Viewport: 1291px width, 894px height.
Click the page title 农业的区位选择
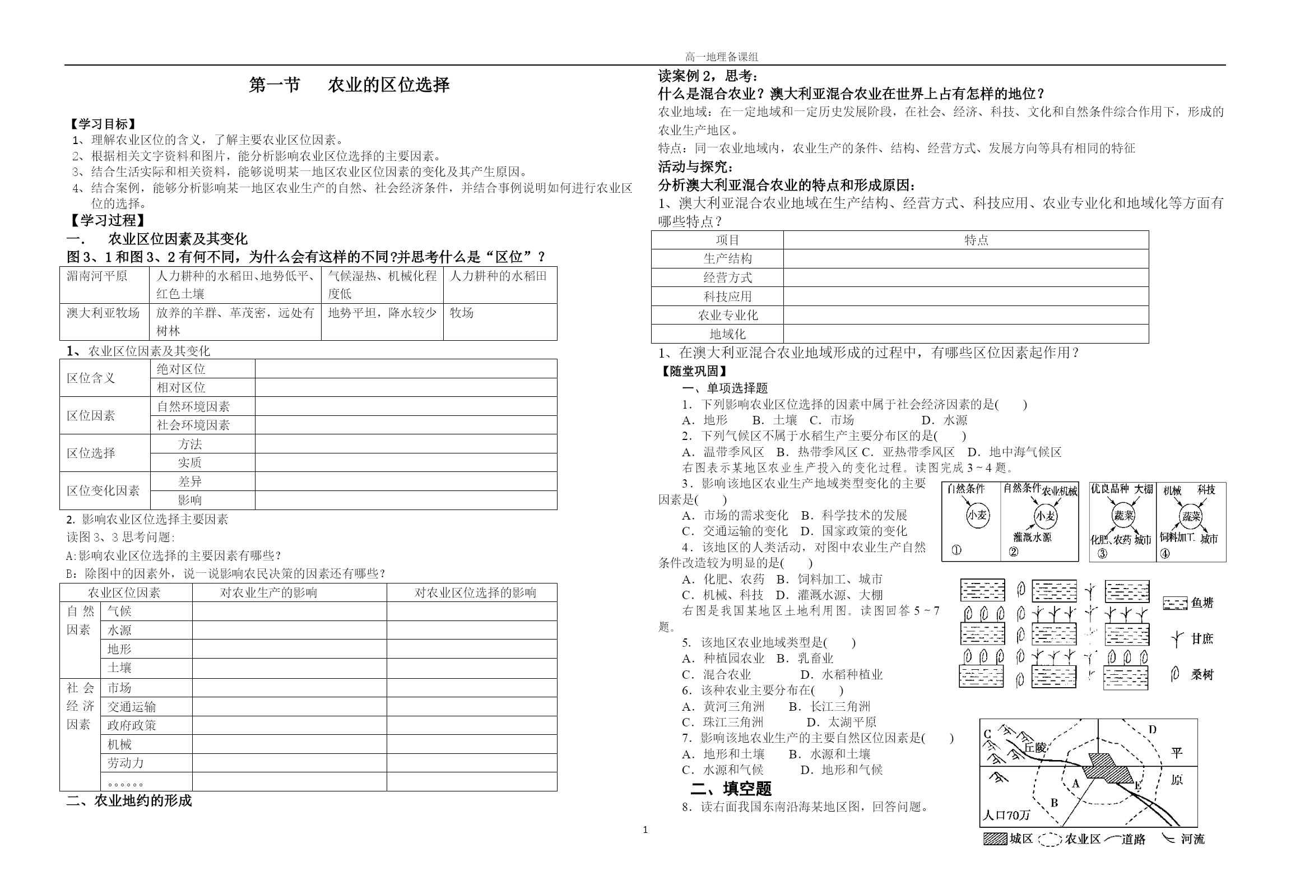[x=388, y=85]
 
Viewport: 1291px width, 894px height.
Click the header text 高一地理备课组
[x=721, y=57]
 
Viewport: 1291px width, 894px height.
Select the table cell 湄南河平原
[x=97, y=276]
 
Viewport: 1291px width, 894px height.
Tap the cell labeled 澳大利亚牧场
[x=103, y=313]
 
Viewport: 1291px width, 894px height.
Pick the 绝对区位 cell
[x=181, y=369]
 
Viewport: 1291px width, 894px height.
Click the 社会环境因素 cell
[x=193, y=425]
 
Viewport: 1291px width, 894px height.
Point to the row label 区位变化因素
[x=103, y=490]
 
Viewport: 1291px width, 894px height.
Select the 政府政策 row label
[x=132, y=725]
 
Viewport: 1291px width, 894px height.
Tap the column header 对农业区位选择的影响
[x=475, y=592]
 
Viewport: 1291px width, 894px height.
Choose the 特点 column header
[x=976, y=240]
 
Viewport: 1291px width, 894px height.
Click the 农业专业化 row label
[x=727, y=315]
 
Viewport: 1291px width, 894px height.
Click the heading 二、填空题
[x=731, y=789]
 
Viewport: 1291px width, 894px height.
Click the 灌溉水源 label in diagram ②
[x=1032, y=537]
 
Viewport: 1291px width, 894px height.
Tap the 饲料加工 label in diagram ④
[x=1177, y=537]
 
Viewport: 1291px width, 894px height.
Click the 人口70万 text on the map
[x=1006, y=815]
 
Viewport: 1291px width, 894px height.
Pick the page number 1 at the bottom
[x=645, y=830]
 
